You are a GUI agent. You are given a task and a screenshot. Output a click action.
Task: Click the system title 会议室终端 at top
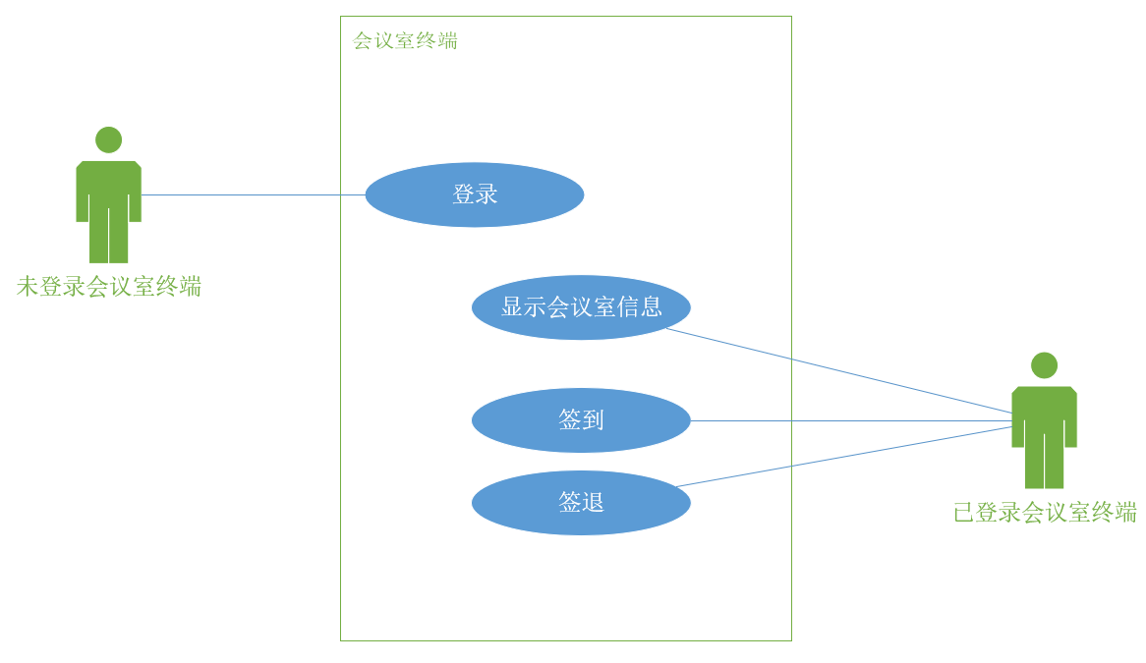(405, 41)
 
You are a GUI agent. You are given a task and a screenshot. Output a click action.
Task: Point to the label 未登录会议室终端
(109, 287)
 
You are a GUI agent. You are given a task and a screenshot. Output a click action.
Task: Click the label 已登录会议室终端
(1045, 513)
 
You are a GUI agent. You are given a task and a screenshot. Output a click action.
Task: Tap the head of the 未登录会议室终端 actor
(109, 139)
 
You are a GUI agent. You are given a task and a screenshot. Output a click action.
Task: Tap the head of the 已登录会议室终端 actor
(1044, 365)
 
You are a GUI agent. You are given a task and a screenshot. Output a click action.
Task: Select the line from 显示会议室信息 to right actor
(835, 369)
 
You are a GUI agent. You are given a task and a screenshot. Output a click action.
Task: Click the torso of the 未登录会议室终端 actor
(109, 182)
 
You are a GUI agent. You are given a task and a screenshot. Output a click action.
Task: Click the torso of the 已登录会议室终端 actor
(1044, 407)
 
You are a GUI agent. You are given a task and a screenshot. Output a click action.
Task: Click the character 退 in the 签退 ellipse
(593, 503)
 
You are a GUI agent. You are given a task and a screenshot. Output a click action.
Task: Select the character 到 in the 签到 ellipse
(593, 420)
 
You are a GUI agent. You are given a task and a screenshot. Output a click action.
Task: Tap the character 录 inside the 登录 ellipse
(487, 194)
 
